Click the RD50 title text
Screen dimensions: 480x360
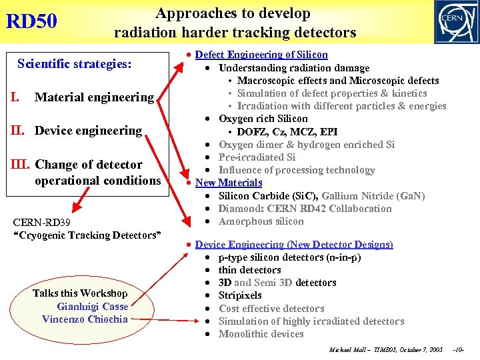click(x=31, y=21)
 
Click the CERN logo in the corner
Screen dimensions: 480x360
click(x=456, y=21)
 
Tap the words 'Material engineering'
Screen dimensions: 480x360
click(x=94, y=97)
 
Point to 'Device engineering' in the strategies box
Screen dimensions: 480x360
click(x=88, y=131)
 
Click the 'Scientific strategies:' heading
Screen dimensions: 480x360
click(x=75, y=64)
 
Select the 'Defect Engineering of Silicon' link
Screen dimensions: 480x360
click(x=261, y=55)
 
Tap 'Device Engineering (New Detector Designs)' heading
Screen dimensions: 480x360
click(x=294, y=245)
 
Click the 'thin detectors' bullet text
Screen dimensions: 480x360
click(x=250, y=270)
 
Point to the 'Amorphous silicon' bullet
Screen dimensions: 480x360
click(x=261, y=221)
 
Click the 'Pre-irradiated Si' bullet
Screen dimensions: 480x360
click(x=257, y=157)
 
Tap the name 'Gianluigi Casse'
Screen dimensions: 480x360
click(x=92, y=307)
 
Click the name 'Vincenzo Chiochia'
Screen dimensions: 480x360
click(x=85, y=319)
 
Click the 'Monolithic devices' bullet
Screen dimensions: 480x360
click(x=261, y=334)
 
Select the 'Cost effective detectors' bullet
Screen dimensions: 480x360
click(x=271, y=309)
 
